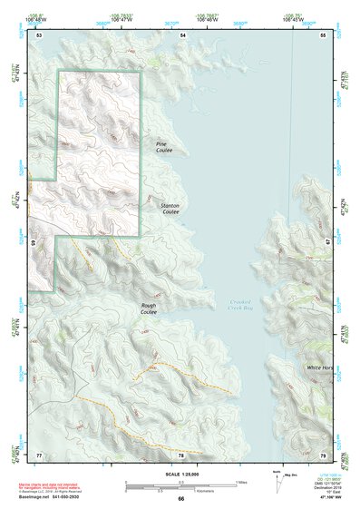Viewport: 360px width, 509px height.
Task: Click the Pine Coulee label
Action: pos(161,146)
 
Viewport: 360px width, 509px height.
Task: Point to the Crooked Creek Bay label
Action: pos(230,305)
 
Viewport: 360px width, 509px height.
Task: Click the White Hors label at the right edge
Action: pos(319,367)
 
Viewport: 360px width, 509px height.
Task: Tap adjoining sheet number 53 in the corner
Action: pos(38,34)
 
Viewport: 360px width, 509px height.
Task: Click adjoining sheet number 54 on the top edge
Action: pos(181,34)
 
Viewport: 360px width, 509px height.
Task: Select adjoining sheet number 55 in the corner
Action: pos(323,34)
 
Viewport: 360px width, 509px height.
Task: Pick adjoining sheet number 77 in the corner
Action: pos(38,454)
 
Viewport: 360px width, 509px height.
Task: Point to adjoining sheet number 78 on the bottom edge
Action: pos(180,454)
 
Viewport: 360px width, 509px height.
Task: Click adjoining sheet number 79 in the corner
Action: pos(323,454)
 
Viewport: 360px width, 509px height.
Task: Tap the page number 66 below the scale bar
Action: pos(180,498)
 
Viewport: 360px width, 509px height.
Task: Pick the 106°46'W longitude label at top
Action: pos(209,19)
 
